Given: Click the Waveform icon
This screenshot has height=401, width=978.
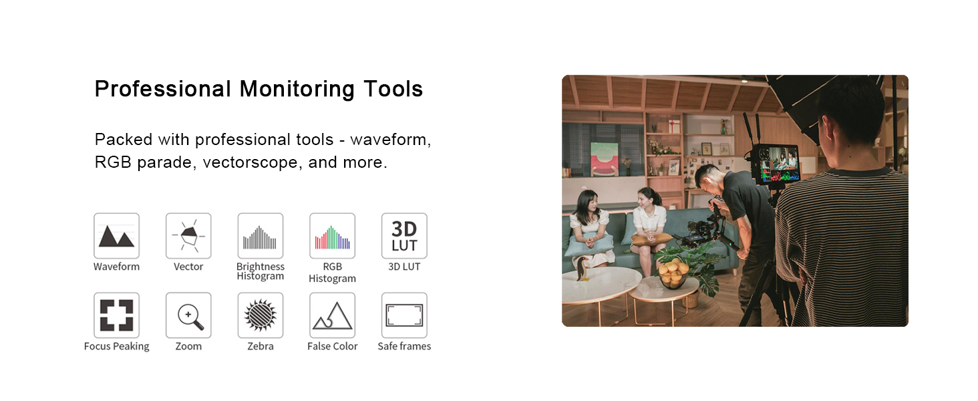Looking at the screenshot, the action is coord(117,236).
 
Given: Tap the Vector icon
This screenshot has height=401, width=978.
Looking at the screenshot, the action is coord(188,236).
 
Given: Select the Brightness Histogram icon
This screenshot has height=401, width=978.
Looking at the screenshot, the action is coord(261,236).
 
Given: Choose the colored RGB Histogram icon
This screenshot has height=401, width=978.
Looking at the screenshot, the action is coord(332,236).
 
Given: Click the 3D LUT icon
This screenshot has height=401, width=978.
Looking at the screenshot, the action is coord(404,236).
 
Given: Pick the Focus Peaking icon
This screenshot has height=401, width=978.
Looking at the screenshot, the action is coord(117,315).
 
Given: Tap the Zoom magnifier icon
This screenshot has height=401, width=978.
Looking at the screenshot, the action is coord(188,315).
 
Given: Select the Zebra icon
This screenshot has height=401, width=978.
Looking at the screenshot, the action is coord(261,315).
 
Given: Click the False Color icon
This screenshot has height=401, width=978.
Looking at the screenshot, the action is coord(332,315).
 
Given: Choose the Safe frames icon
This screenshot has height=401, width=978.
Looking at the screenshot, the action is coord(404,315).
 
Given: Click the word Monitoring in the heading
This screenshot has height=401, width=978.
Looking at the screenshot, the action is coord(297,90).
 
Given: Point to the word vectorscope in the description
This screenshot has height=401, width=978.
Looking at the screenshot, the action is coord(251,162).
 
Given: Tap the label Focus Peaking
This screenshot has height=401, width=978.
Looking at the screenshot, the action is coord(117,346).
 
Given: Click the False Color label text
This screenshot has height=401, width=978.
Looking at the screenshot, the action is coord(332,346).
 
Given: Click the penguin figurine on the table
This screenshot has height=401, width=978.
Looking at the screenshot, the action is coord(583,269).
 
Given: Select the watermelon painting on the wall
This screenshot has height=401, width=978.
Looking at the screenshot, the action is coord(605,159).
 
